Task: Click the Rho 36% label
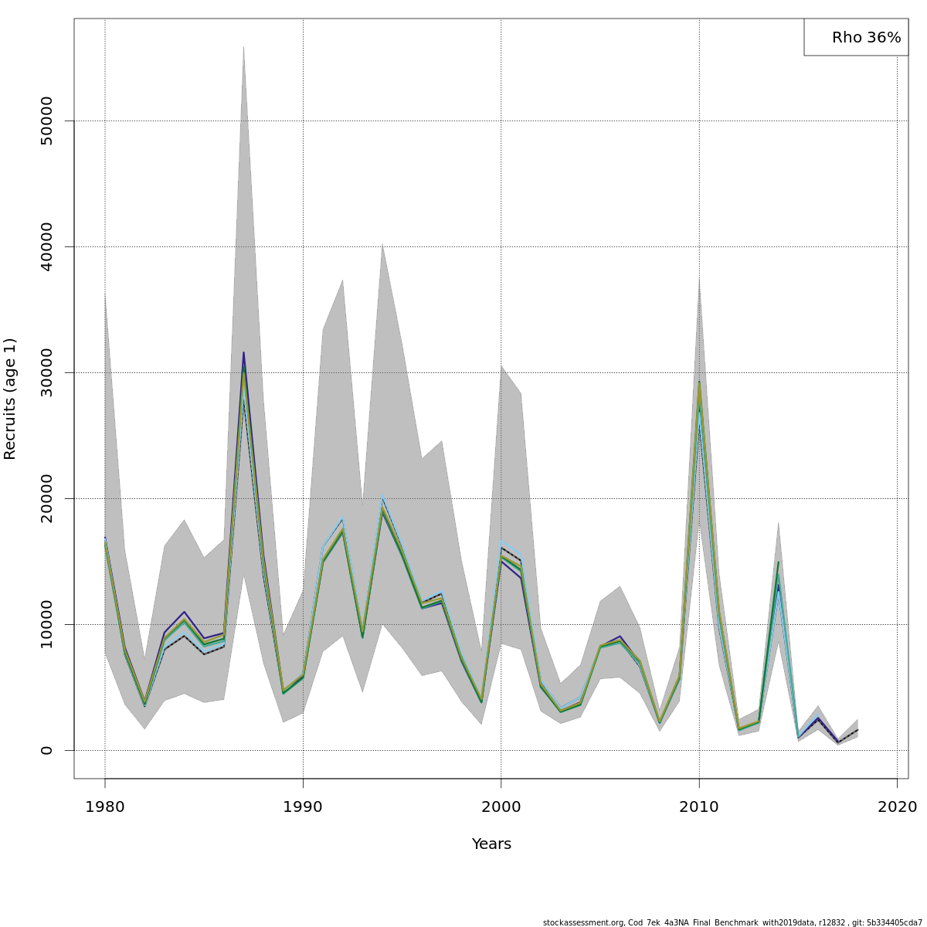[x=866, y=37]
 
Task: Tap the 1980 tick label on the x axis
[x=105, y=807]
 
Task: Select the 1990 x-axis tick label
[x=303, y=807]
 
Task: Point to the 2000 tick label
[x=501, y=807]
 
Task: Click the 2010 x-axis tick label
[x=699, y=807]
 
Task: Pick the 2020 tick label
[x=897, y=807]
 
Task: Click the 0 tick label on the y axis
[x=46, y=750]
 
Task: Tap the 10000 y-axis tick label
[x=46, y=624]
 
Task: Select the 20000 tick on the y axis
[x=46, y=498]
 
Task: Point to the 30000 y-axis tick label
[x=46, y=372]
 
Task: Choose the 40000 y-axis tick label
[x=46, y=246]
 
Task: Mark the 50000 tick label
[x=46, y=121]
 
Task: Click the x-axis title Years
[x=491, y=844]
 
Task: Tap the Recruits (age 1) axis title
[x=10, y=399]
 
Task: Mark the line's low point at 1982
[x=144, y=704]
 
